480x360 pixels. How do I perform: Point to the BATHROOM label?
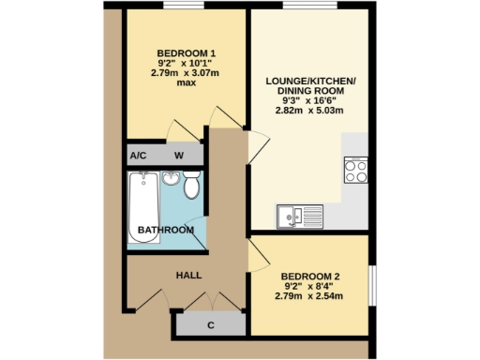tap(166, 230)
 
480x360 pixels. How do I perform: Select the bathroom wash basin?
tap(172, 177)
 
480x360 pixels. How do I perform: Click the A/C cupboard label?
tap(138, 156)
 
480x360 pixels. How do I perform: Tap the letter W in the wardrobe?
tap(179, 156)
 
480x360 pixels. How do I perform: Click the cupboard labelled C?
tap(211, 325)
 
